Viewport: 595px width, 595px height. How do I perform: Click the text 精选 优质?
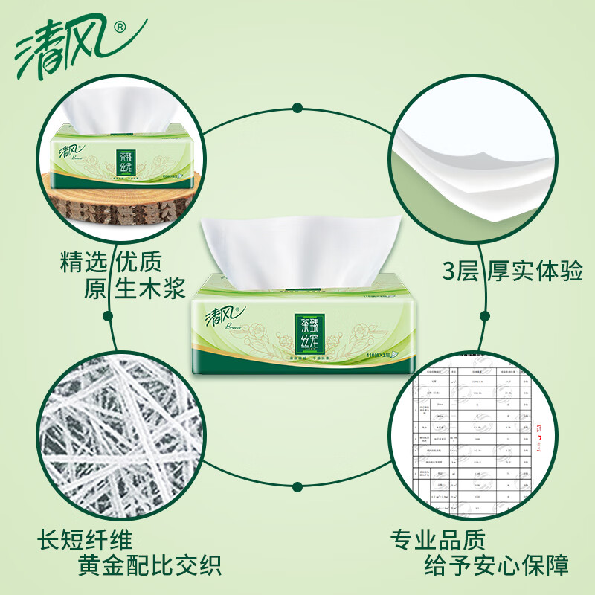pyautogui.click(x=111, y=261)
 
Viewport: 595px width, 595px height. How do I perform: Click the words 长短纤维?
pyautogui.click(x=87, y=539)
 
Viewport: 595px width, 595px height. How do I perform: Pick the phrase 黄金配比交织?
pyautogui.click(x=149, y=567)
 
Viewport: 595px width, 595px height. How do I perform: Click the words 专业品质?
pyautogui.click(x=438, y=538)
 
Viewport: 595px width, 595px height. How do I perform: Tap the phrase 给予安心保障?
pyautogui.click(x=497, y=567)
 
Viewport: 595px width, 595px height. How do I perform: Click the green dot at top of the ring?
pyautogui.click(x=297, y=108)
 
